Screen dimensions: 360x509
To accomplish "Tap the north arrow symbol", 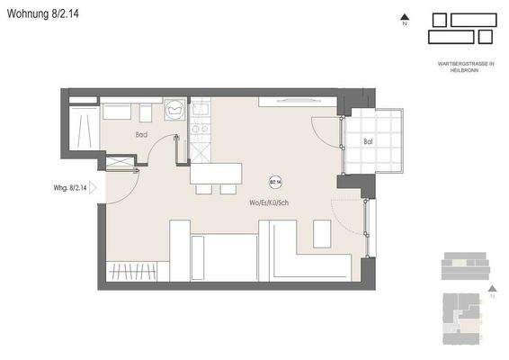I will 405,17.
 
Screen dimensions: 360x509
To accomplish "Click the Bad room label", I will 141,135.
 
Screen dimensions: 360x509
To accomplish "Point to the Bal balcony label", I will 368,141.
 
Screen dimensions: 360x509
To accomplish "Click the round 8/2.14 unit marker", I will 275,180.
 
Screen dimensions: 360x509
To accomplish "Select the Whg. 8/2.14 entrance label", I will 70,189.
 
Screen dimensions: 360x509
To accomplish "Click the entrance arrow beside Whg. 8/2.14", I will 98,189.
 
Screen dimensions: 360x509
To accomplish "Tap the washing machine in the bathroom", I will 176,110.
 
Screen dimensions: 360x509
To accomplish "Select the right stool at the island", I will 224,190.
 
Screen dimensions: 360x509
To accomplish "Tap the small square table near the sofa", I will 321,232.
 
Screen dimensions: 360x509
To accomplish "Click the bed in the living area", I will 225,256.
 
